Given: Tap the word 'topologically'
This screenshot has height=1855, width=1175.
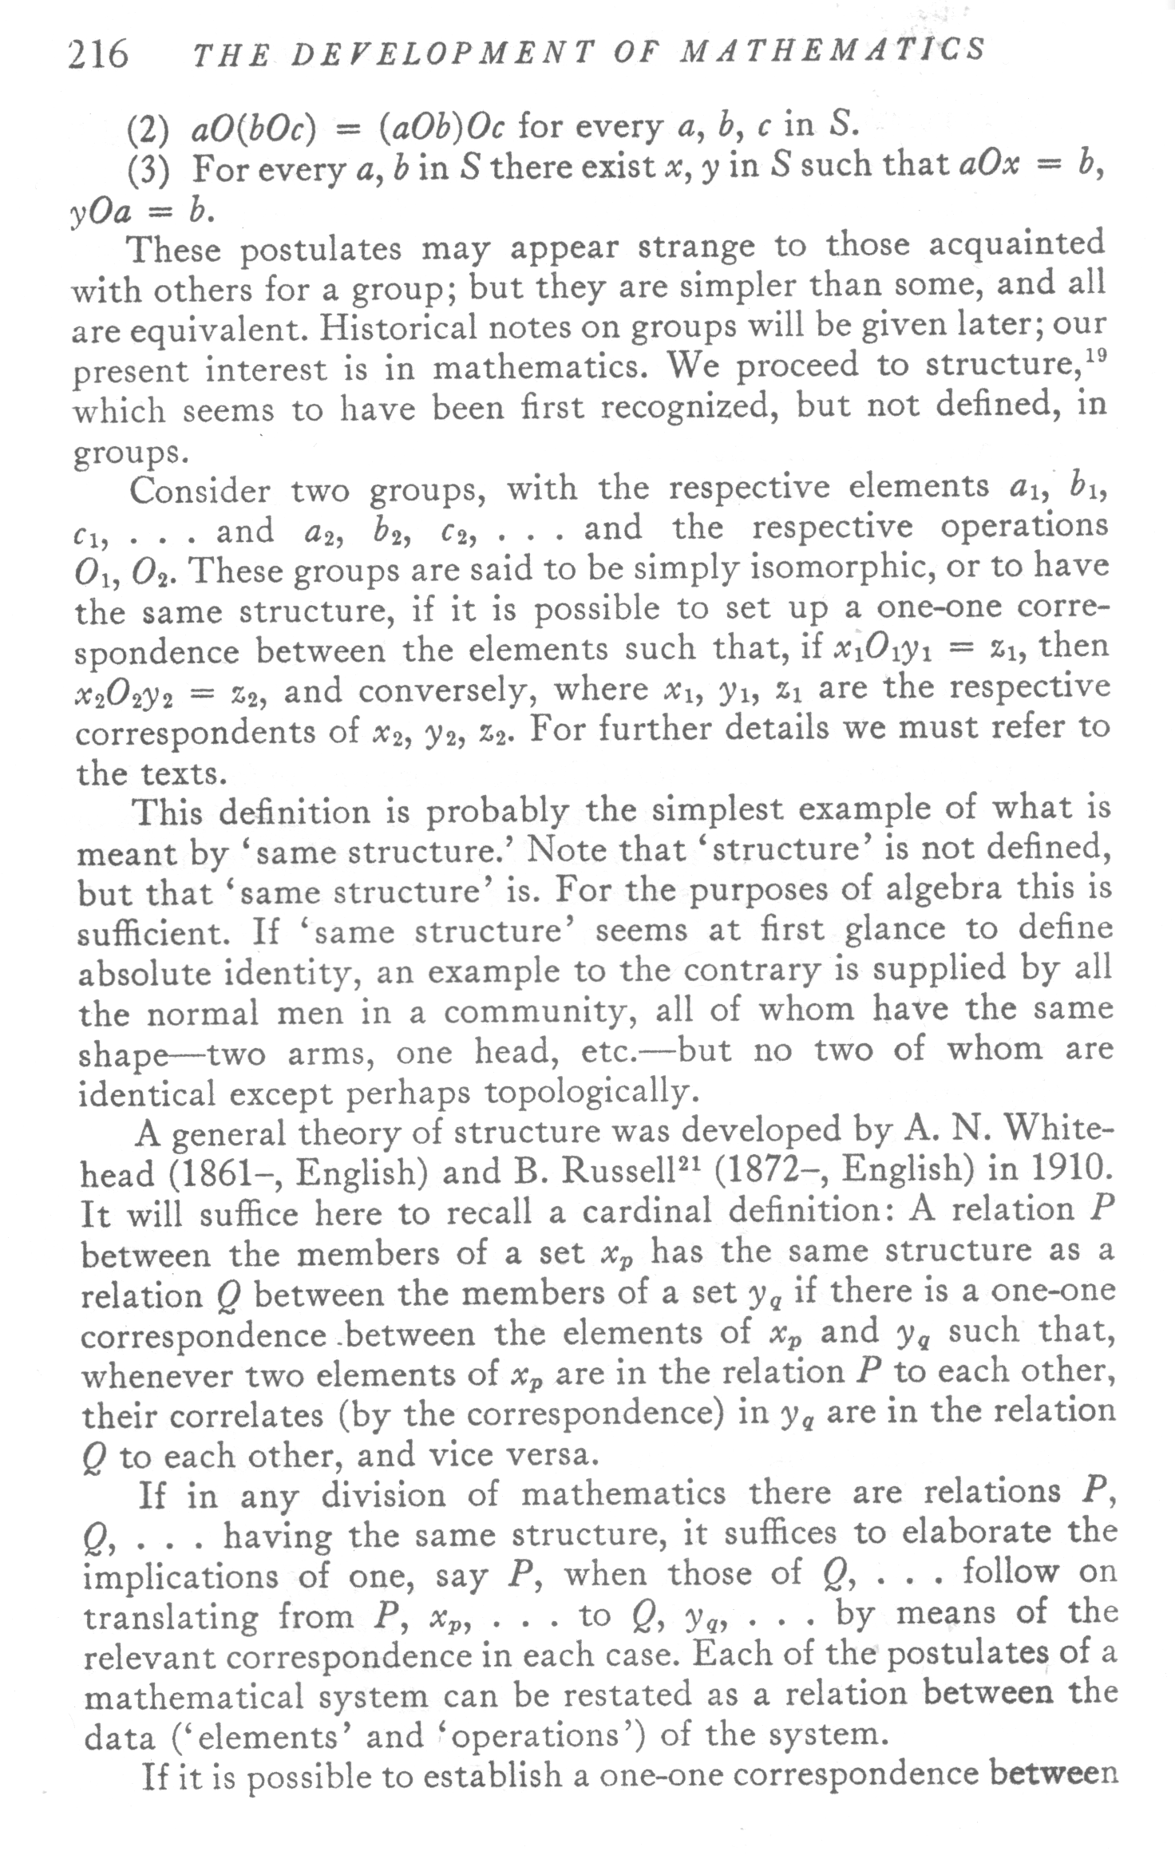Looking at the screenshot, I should coord(584,1091).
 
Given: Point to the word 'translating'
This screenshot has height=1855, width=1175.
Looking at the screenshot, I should coord(173,1616).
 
